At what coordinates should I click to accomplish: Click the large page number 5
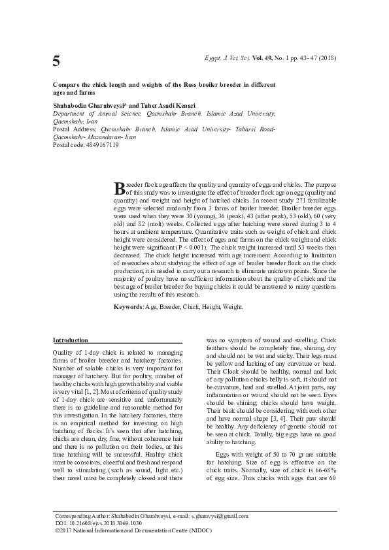click(56, 61)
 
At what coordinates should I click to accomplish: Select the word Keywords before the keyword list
click(128, 306)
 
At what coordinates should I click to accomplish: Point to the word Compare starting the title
click(68, 86)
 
